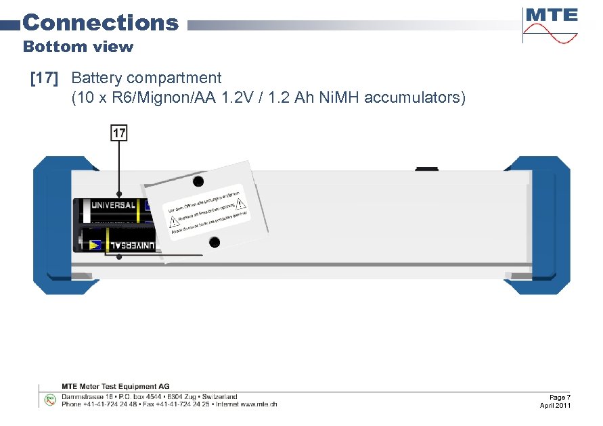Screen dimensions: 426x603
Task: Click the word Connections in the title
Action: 100,22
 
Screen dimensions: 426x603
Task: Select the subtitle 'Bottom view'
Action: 78,47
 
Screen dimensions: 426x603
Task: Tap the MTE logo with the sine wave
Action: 550,25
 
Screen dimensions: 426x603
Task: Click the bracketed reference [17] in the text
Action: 44,78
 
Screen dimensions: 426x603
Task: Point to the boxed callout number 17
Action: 119,133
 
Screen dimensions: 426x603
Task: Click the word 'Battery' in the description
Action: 99,78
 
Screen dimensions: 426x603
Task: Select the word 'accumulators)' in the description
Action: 415,97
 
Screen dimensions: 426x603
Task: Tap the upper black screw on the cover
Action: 198,182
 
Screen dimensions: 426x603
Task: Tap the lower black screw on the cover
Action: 214,242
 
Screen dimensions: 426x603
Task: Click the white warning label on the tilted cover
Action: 207,211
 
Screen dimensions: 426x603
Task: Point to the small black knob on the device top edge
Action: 427,167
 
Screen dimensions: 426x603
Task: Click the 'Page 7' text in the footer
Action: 560,397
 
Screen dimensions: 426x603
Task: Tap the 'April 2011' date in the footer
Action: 555,405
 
